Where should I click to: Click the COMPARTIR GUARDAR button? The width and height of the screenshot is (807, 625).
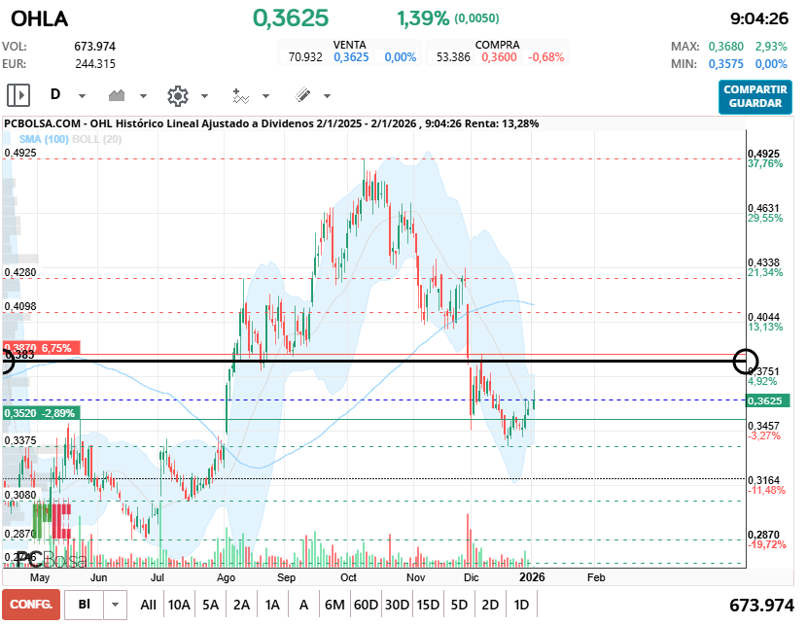click(755, 95)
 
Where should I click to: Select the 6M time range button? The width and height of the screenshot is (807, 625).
click(334, 605)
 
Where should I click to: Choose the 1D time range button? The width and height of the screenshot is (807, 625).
click(521, 605)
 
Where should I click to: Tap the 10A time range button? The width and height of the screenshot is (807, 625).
click(179, 605)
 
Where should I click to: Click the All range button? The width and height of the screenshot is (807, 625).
click(148, 605)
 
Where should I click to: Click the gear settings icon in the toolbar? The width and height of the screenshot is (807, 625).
click(177, 95)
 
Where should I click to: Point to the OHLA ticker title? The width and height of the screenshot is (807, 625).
click(39, 18)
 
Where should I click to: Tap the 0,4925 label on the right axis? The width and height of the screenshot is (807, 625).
click(763, 154)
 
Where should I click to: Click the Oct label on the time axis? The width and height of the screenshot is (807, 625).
click(348, 576)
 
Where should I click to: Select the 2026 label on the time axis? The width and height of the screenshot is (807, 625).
click(531, 576)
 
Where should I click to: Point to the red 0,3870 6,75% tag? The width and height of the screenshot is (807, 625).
click(39, 347)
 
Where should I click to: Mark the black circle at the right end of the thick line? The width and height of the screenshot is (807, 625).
click(747, 362)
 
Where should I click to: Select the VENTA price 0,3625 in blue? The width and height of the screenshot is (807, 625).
click(351, 57)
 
